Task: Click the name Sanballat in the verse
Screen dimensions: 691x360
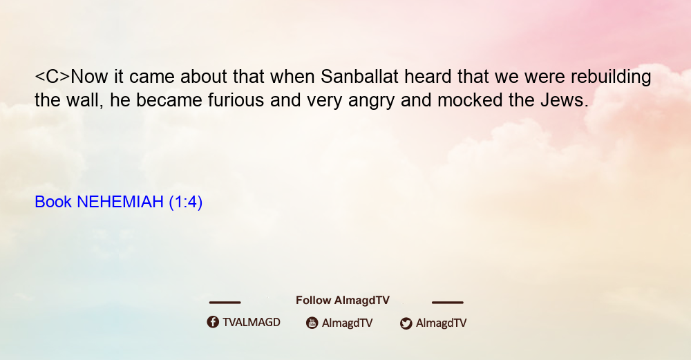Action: (x=359, y=77)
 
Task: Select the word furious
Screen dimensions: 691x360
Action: (x=236, y=100)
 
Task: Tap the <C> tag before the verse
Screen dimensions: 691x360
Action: (x=53, y=77)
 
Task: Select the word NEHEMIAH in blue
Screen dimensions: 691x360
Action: (x=120, y=202)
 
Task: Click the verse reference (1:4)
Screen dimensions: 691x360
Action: (x=185, y=202)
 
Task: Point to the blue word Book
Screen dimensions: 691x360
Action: (x=53, y=202)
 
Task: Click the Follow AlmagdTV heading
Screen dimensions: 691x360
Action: (x=343, y=301)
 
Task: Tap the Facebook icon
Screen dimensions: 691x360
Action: (x=213, y=322)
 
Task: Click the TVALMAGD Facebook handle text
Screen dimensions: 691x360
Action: (x=252, y=323)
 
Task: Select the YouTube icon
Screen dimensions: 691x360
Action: (x=312, y=323)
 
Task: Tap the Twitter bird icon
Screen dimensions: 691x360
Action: (x=406, y=323)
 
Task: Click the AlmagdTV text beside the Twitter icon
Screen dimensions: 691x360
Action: (x=441, y=323)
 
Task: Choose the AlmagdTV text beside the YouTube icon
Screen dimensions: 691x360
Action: (x=347, y=323)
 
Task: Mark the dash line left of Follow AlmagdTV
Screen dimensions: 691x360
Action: (x=225, y=303)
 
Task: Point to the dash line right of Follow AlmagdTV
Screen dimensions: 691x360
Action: (x=448, y=303)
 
